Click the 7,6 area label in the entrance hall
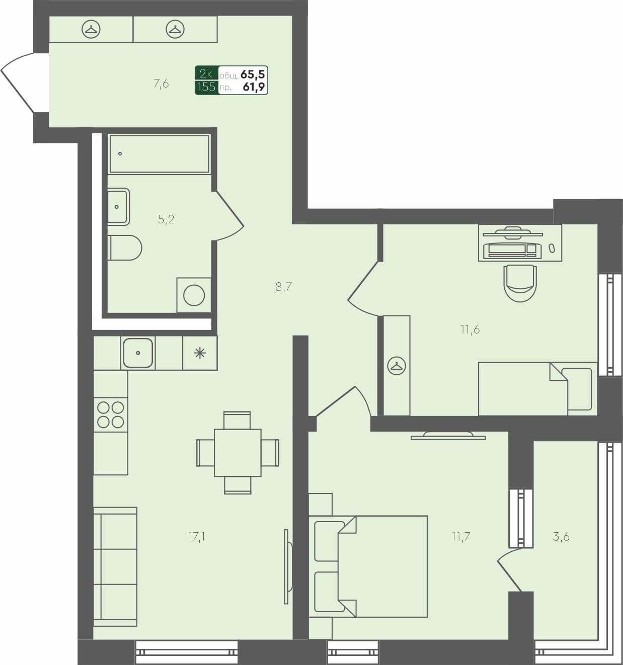pyautogui.click(x=161, y=84)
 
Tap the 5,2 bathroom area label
pyautogui.click(x=166, y=219)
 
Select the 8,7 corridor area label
pyautogui.click(x=284, y=287)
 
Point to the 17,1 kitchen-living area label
pyautogui.click(x=197, y=537)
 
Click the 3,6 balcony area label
pyautogui.click(x=561, y=537)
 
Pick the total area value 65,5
pyautogui.click(x=253, y=74)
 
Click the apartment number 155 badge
pyautogui.click(x=206, y=87)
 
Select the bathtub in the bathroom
pyautogui.click(x=159, y=154)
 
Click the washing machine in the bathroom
pyautogui.click(x=194, y=295)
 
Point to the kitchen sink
pyautogui.click(x=138, y=353)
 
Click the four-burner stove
pyautogui.click(x=111, y=414)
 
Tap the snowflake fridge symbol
pyautogui.click(x=200, y=353)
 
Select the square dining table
pyautogui.click(x=238, y=453)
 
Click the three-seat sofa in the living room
pyautogui.click(x=115, y=566)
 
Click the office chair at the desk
pyautogui.click(x=520, y=283)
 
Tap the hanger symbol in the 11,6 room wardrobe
pyautogui.click(x=397, y=366)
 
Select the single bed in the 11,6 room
pyautogui.click(x=536, y=388)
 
